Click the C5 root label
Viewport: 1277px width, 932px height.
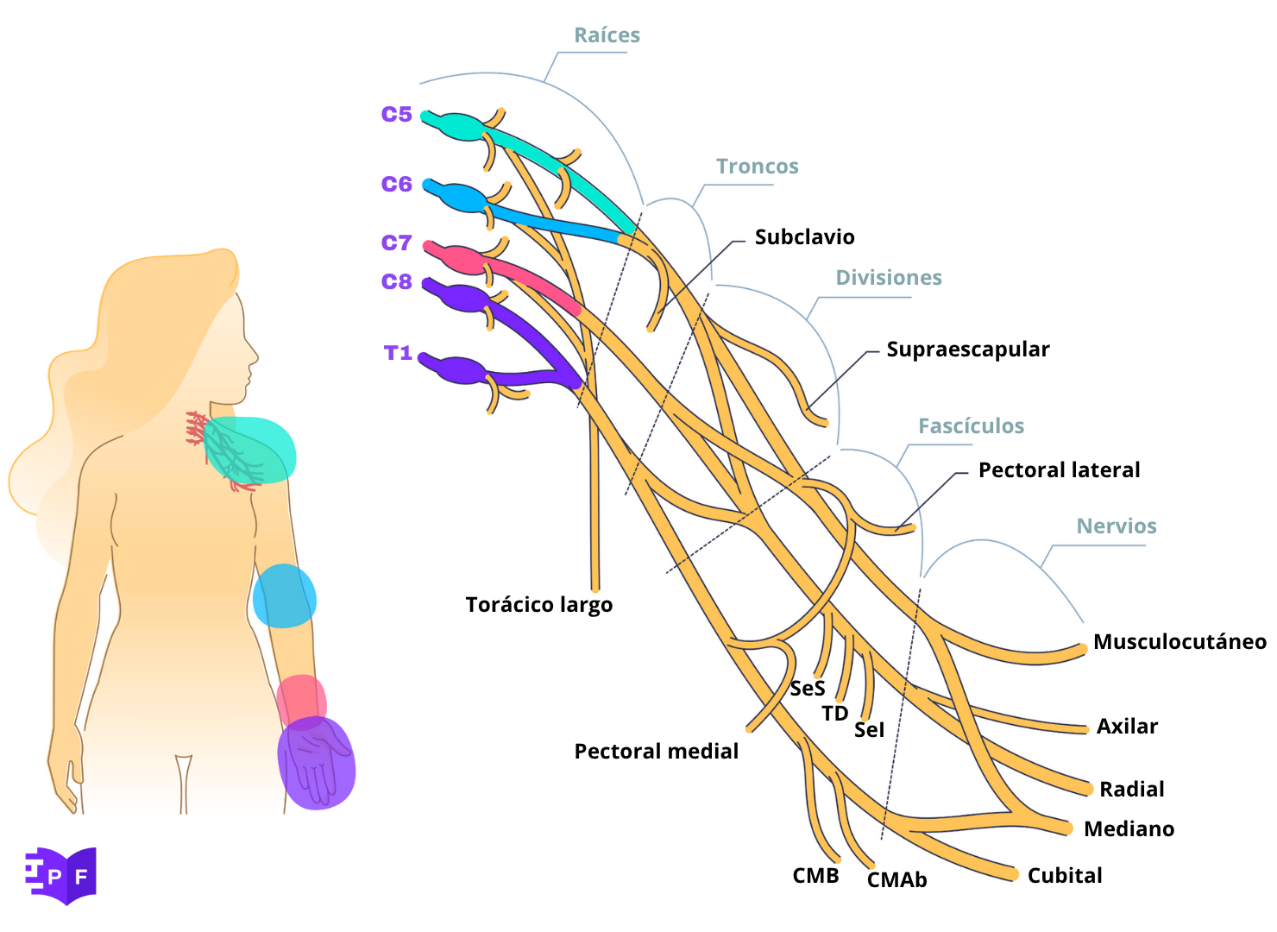397,114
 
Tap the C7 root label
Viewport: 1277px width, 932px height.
397,242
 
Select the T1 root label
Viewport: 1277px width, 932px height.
398,353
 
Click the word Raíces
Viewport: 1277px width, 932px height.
607,35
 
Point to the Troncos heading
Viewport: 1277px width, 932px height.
758,167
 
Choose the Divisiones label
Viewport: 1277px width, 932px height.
889,278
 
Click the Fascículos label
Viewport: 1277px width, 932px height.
971,426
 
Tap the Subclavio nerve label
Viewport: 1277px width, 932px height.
804,237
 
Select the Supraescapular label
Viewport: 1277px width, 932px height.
968,349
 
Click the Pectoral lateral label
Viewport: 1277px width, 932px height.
1059,470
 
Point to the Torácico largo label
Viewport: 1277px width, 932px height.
539,605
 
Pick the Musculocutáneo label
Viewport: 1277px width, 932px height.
1179,642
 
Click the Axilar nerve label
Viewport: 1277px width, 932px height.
1127,727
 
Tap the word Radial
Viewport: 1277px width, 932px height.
1131,790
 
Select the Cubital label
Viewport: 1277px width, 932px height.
1065,876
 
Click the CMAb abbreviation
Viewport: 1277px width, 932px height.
896,880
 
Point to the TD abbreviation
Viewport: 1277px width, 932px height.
834,714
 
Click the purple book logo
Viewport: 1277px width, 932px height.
61,875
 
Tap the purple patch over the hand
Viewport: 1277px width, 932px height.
317,764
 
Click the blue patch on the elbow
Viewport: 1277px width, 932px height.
285,595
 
